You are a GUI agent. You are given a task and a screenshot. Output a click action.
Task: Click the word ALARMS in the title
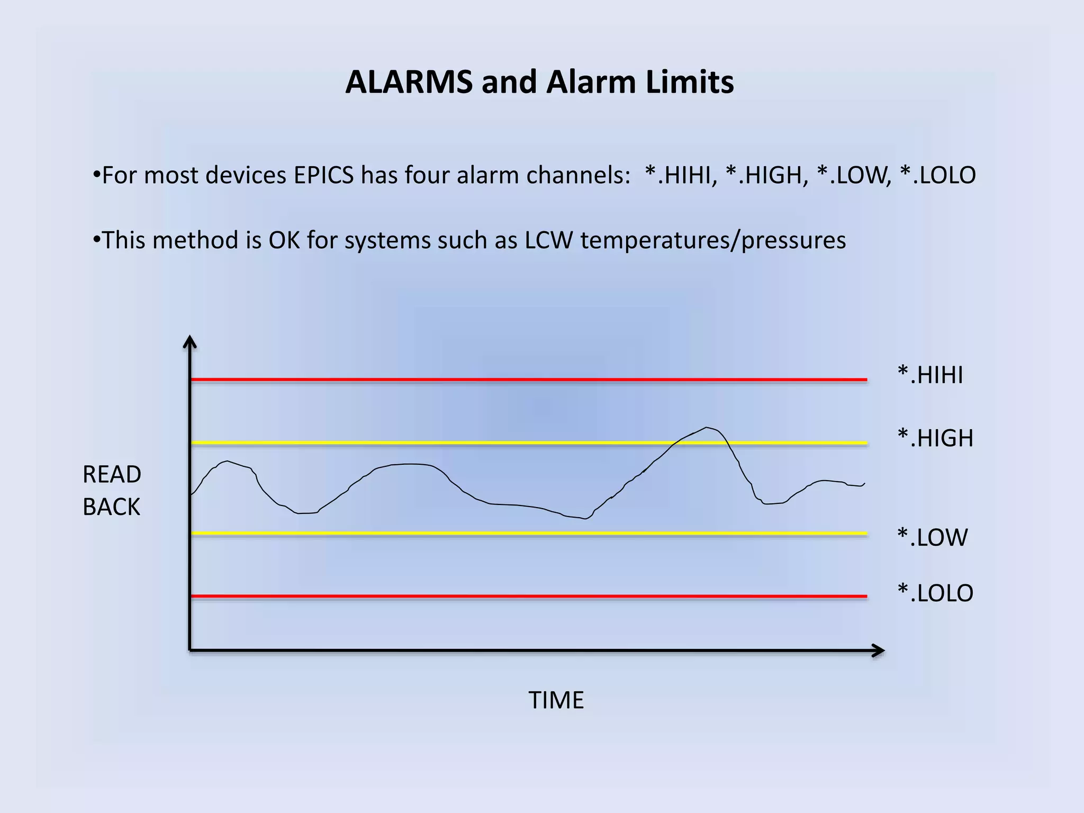coord(409,83)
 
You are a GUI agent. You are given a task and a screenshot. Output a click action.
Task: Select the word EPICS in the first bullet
coord(323,175)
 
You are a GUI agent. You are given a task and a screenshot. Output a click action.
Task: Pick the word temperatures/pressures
coord(713,240)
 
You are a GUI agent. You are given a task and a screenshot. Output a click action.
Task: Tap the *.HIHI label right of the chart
coord(930,375)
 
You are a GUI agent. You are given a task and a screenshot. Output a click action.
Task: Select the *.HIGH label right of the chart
coord(935,438)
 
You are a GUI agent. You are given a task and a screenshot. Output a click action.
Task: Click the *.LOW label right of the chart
coord(932,538)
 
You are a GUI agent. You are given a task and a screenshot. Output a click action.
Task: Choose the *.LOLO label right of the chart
coord(935,593)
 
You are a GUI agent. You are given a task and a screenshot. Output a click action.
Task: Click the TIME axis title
coord(556,700)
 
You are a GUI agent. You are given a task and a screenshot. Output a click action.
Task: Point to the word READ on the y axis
coord(112,475)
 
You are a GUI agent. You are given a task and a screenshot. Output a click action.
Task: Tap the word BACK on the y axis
coord(111,507)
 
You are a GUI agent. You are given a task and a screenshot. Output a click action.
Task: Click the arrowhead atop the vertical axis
coord(189,341)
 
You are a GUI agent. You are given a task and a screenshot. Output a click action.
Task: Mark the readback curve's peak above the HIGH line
coord(706,428)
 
